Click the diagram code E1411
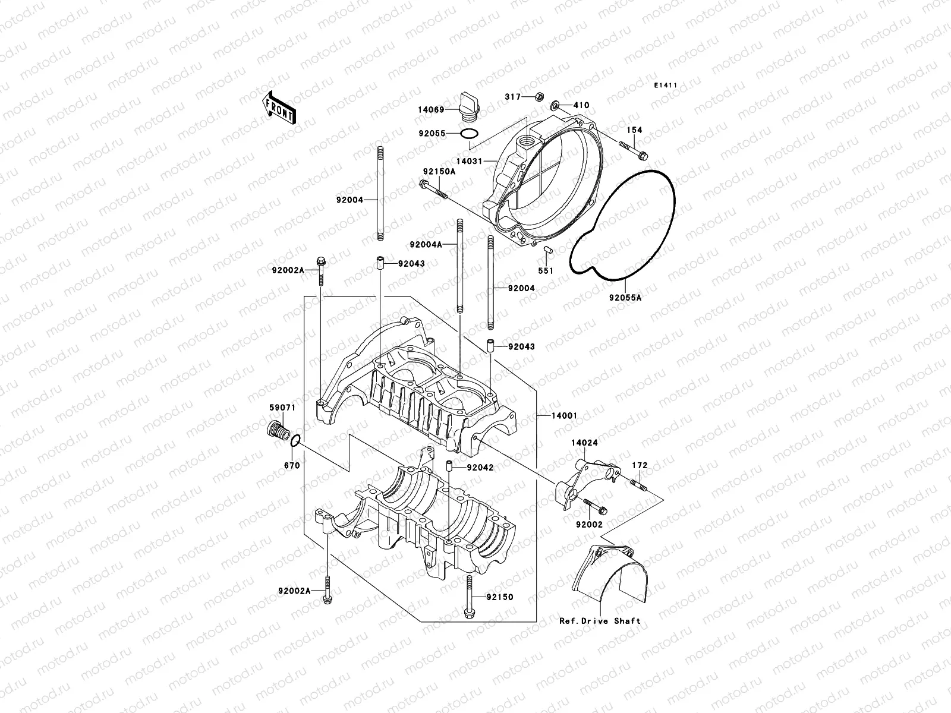click(x=666, y=86)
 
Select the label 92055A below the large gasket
click(x=625, y=298)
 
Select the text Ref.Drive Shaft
click(x=600, y=621)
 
